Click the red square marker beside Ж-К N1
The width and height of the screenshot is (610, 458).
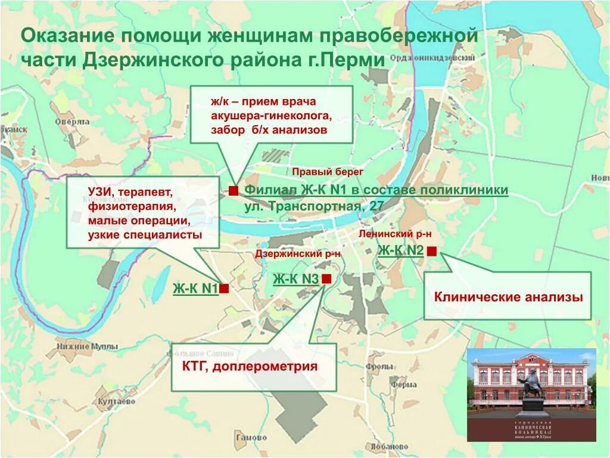pos(225,289)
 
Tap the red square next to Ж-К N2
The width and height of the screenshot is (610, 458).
pos(432,251)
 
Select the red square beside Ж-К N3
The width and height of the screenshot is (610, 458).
pos(326,278)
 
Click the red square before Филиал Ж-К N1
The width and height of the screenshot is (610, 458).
pos(234,190)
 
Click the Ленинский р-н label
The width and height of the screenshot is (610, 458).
pos(395,234)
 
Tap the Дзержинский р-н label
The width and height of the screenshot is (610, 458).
pos(298,253)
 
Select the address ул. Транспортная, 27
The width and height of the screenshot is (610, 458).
pos(313,206)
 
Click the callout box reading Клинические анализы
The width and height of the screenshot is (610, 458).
pos(508,296)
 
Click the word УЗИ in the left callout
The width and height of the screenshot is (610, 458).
pos(99,193)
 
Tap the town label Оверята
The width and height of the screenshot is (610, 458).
pos(72,121)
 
